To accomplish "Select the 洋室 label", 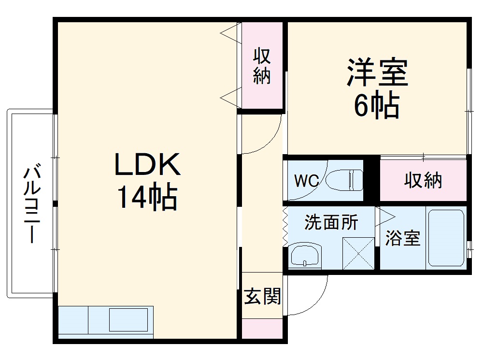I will [x=377, y=72].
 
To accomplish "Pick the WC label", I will [x=306, y=182].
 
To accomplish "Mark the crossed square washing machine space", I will [x=358, y=253].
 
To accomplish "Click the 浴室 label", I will [x=402, y=238].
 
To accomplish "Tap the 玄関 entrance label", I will [x=262, y=296].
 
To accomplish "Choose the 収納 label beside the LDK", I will [x=262, y=67].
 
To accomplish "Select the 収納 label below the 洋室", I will [x=423, y=181].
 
